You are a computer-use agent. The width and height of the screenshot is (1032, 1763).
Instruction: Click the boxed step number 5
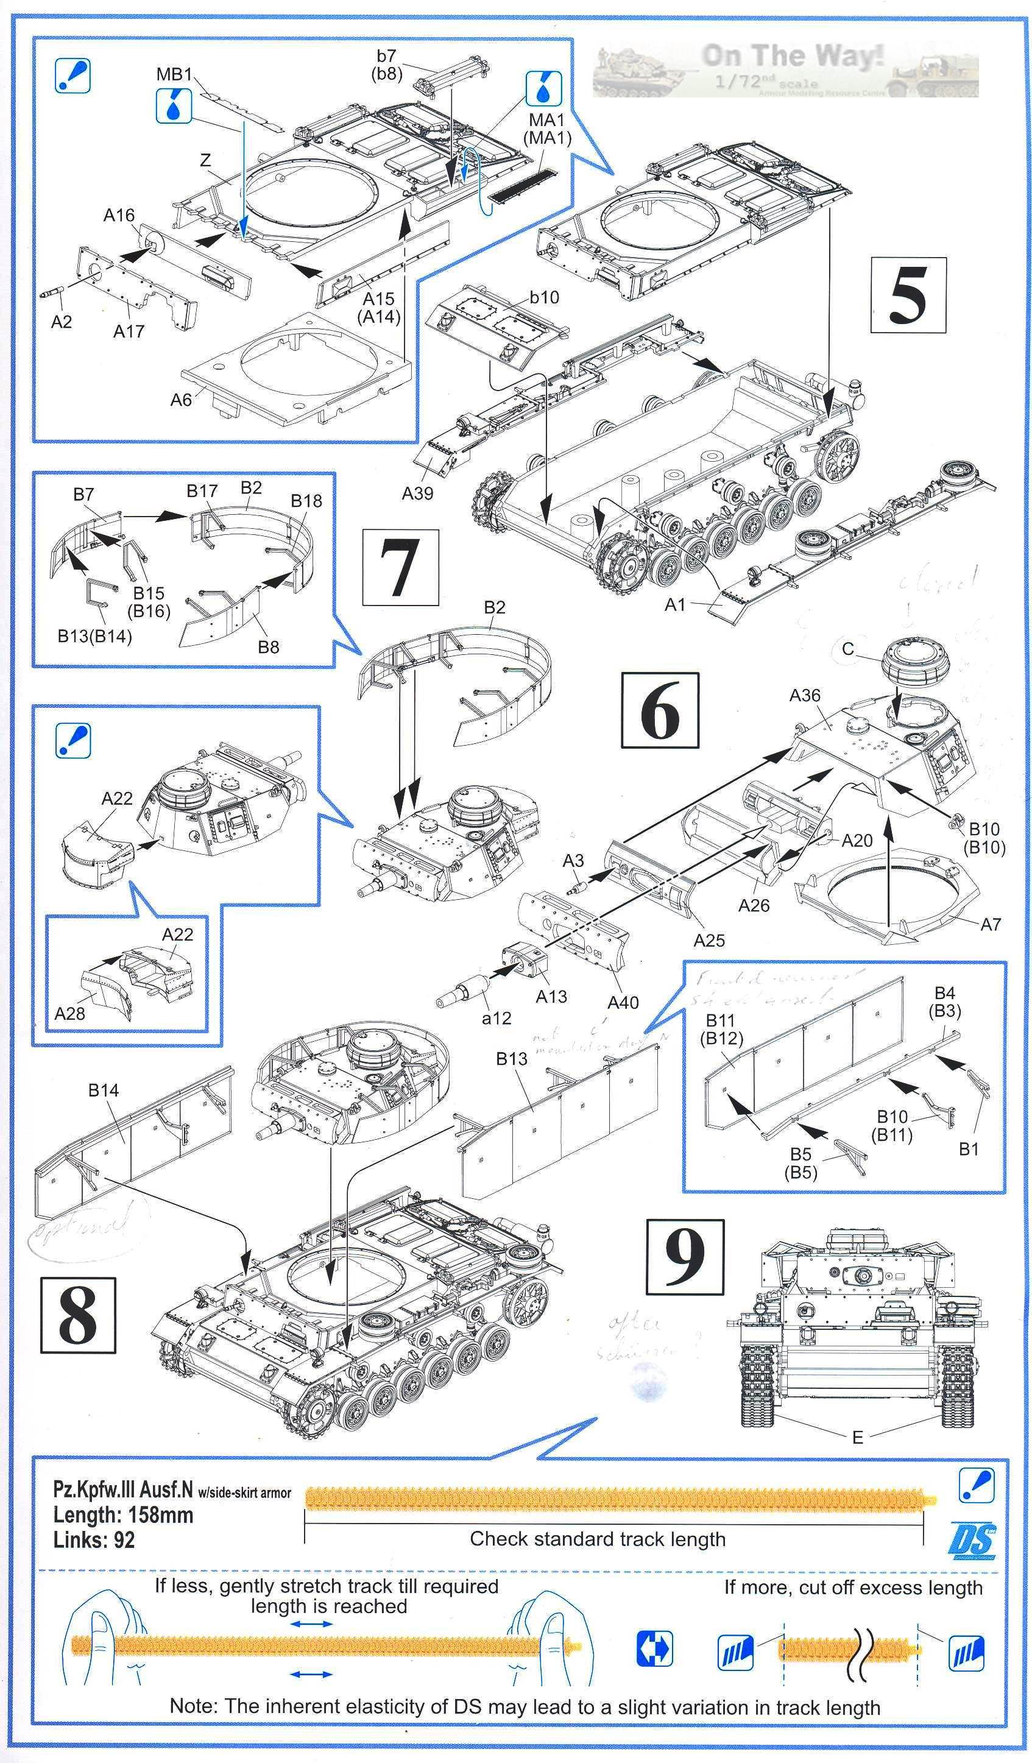[x=908, y=294]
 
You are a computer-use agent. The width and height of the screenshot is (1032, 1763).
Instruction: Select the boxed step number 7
[x=400, y=567]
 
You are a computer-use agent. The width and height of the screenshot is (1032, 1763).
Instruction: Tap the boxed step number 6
[x=660, y=710]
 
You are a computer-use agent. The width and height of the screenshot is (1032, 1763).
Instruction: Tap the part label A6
[x=180, y=400]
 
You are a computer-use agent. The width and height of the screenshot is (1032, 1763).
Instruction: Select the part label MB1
[x=174, y=74]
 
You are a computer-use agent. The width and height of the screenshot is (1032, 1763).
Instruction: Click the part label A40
[x=623, y=1003]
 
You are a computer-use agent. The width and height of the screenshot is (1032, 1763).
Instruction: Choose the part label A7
[x=991, y=924]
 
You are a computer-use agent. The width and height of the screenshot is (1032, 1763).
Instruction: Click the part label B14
[x=103, y=1089]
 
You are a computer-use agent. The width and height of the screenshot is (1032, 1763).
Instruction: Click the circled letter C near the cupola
[x=848, y=649]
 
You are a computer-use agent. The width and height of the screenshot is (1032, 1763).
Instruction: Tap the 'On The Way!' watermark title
[x=792, y=56]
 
